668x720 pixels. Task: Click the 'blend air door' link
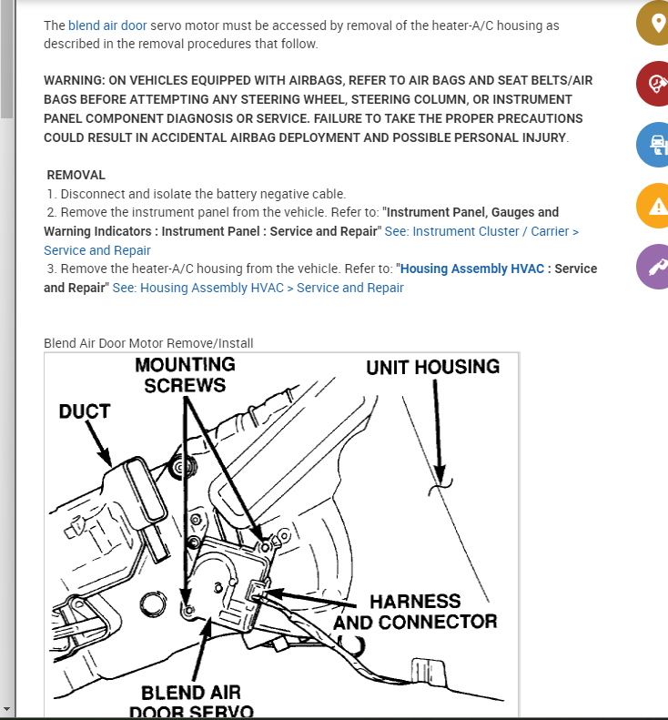pyautogui.click(x=106, y=25)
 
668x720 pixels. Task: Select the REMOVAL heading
pyautogui.click(x=76, y=175)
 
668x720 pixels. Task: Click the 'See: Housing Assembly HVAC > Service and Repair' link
pyautogui.click(x=258, y=288)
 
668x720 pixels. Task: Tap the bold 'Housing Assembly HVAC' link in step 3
pyautogui.click(x=473, y=269)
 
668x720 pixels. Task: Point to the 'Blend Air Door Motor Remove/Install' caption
pyautogui.click(x=148, y=343)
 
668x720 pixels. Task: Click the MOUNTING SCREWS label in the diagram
pyautogui.click(x=185, y=374)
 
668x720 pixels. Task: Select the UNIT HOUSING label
pyautogui.click(x=432, y=367)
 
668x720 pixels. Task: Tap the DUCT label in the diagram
pyautogui.click(x=85, y=411)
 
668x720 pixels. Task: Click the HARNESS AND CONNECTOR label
pyautogui.click(x=415, y=612)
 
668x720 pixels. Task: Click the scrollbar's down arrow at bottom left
pyautogui.click(x=6, y=708)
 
